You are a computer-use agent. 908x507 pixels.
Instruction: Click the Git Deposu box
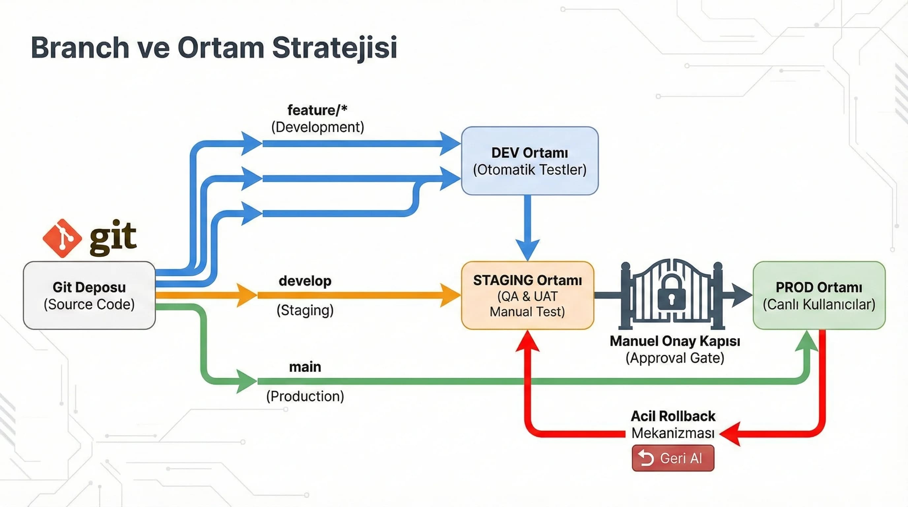89,295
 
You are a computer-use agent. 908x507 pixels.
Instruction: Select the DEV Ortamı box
530,161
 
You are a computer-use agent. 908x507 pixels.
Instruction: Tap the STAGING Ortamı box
527,295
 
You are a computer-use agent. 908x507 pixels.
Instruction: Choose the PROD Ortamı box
819,295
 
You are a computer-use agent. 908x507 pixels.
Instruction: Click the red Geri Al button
673,458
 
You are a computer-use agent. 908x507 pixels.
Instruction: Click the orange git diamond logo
62,238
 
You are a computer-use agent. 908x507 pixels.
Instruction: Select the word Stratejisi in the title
335,48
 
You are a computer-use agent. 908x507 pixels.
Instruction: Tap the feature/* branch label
317,110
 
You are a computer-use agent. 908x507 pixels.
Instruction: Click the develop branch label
305,281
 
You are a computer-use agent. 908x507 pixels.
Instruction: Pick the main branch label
305,367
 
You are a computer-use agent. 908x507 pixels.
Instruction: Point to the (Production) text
305,396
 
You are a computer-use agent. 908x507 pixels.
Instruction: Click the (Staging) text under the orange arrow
305,310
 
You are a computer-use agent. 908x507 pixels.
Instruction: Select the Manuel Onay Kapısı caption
675,341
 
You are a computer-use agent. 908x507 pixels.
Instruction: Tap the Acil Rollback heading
673,416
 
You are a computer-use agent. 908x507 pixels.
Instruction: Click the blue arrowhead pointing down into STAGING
527,249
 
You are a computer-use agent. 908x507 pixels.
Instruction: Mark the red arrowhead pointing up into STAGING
527,341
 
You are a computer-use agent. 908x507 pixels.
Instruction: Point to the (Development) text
317,127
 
